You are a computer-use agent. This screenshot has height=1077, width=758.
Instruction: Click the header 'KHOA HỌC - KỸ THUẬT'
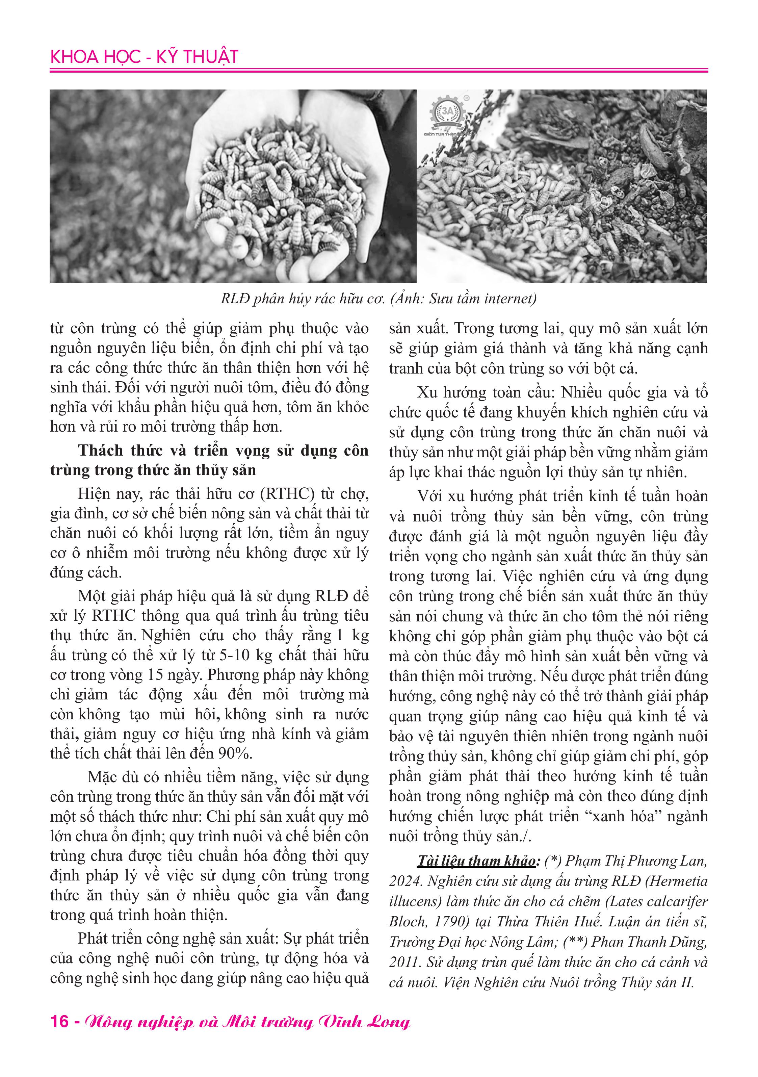click(x=144, y=57)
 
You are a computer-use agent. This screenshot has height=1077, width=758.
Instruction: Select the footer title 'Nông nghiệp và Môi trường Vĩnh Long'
click(x=247, y=1022)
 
